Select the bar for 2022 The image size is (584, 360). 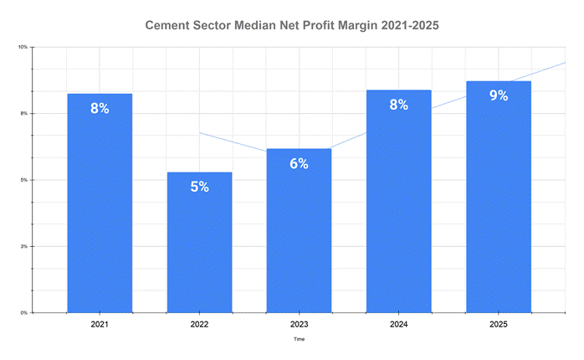pyautogui.click(x=199, y=242)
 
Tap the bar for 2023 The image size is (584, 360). pyautogui.click(x=299, y=230)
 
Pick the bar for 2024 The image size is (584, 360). pyautogui.click(x=398, y=201)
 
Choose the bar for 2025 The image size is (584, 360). pyautogui.click(x=499, y=197)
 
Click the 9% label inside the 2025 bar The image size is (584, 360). pyautogui.click(x=499, y=95)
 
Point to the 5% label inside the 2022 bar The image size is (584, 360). pyautogui.click(x=199, y=187)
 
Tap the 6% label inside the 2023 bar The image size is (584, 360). pyautogui.click(x=299, y=163)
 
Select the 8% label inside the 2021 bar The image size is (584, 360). pyautogui.click(x=100, y=108)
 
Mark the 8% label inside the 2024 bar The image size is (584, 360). pyautogui.click(x=398, y=105)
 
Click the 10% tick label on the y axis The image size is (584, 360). pyautogui.click(x=23, y=47)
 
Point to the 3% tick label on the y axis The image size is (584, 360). pyautogui.click(x=24, y=246)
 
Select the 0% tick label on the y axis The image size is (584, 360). pyautogui.click(x=24, y=313)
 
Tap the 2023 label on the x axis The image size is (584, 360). pyautogui.click(x=299, y=323)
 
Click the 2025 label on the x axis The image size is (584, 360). pyautogui.click(x=499, y=323)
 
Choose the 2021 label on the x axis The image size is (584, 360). pyautogui.click(x=100, y=323)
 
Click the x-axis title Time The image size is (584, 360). pyautogui.click(x=299, y=340)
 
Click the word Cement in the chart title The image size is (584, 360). pyautogui.click(x=169, y=26)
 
